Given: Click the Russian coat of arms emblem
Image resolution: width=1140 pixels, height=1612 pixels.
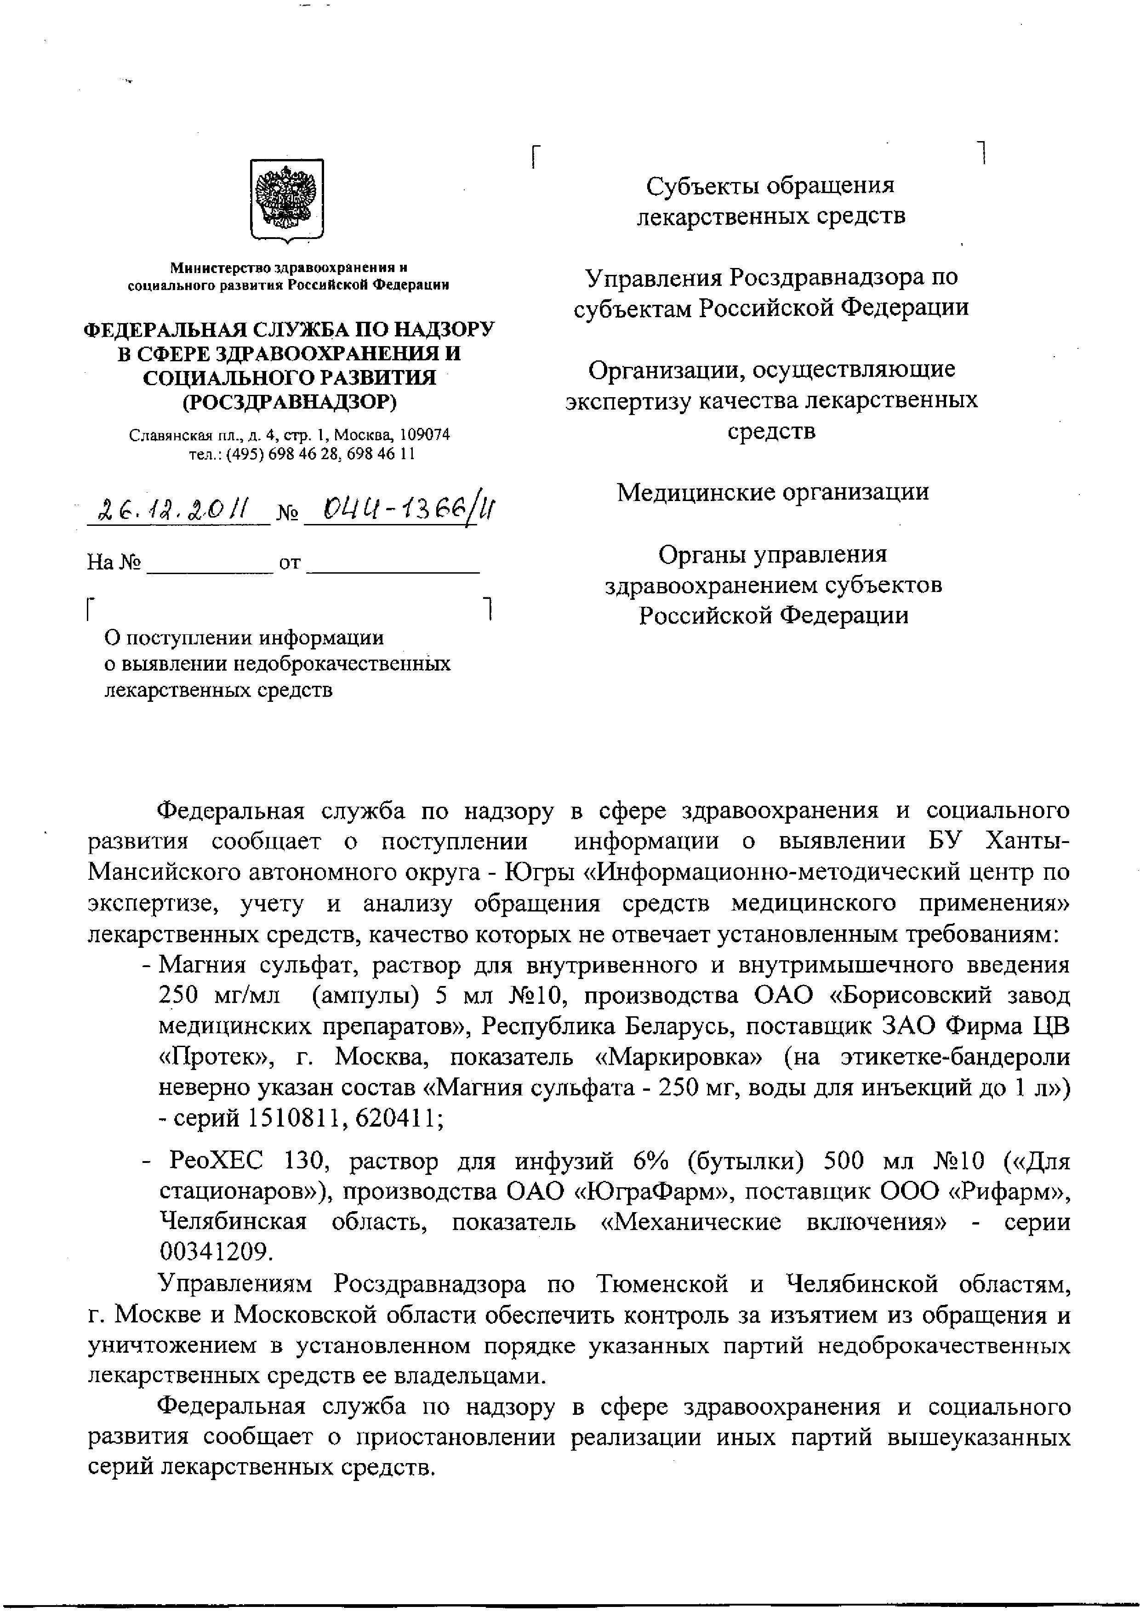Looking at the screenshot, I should (x=287, y=199).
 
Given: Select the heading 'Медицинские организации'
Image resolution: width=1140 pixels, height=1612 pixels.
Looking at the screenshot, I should (x=772, y=491).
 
